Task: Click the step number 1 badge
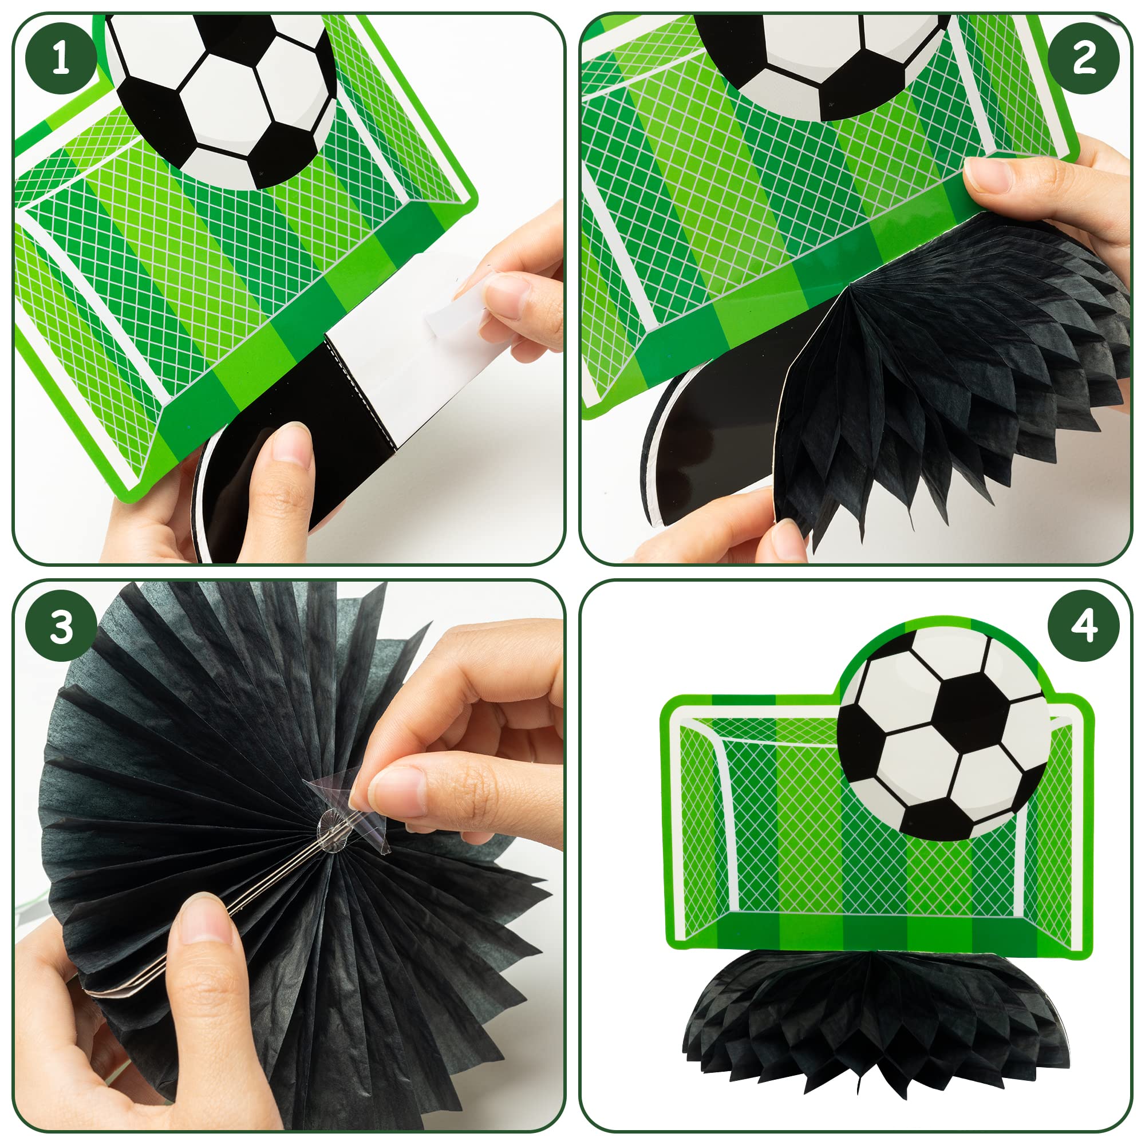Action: [x=61, y=57]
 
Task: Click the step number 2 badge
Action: [x=1083, y=57]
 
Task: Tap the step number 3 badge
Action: [x=61, y=626]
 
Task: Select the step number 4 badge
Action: [x=1083, y=626]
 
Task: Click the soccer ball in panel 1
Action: [x=222, y=95]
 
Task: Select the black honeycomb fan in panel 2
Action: [x=948, y=380]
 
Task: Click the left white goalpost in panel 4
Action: [x=726, y=830]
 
